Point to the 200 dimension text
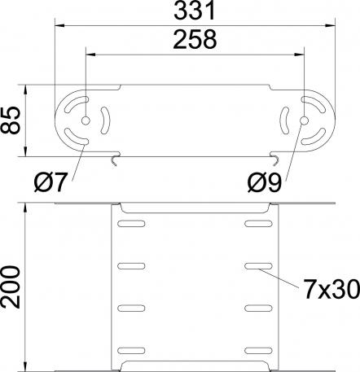tap(11, 287)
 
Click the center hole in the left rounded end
tap(84, 119)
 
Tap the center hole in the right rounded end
tap(303, 120)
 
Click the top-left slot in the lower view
tap(131, 221)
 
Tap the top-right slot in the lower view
tap(258, 221)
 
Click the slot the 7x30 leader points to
tap(258, 265)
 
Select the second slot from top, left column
tap(131, 265)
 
